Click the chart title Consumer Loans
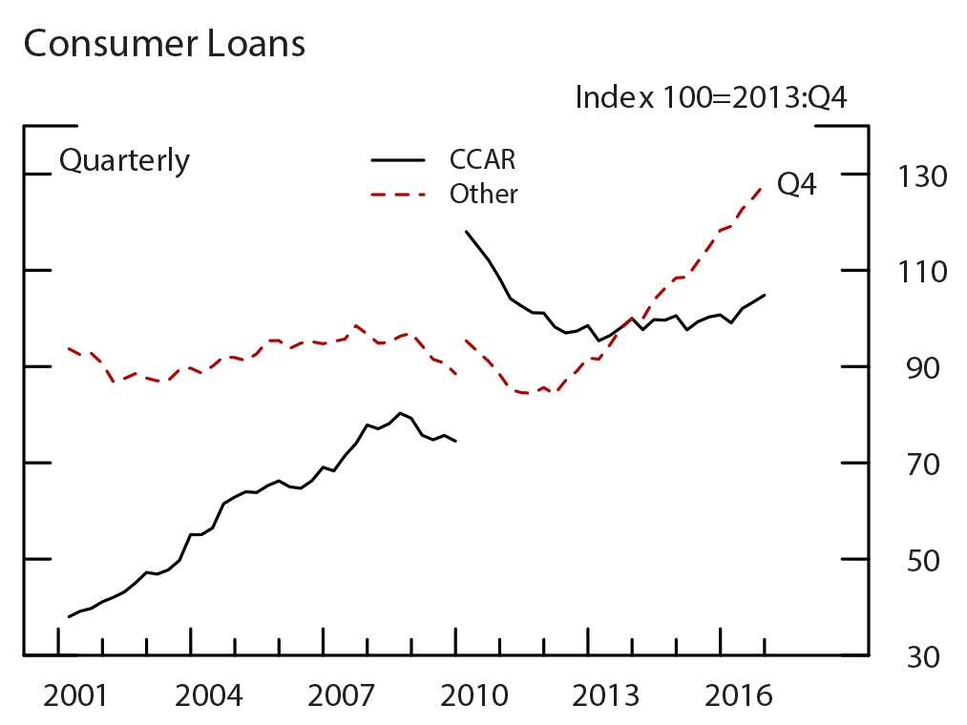click(163, 44)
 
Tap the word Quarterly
click(124, 160)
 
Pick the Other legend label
click(483, 194)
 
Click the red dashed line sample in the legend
click(398, 195)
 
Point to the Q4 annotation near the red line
click(796, 184)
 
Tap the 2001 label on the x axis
click(76, 695)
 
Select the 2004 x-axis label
click(209, 695)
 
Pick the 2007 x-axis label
click(341, 695)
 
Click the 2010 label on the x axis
click(474, 695)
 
